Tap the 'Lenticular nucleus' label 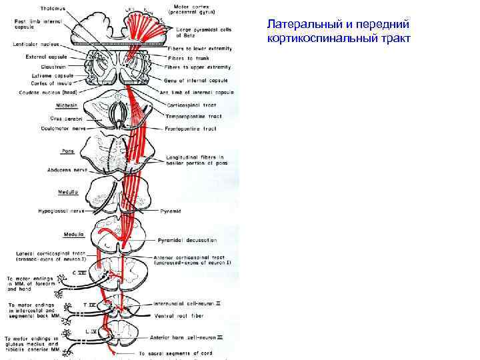(x=36, y=44)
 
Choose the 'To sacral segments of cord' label (x=177, y=353)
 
